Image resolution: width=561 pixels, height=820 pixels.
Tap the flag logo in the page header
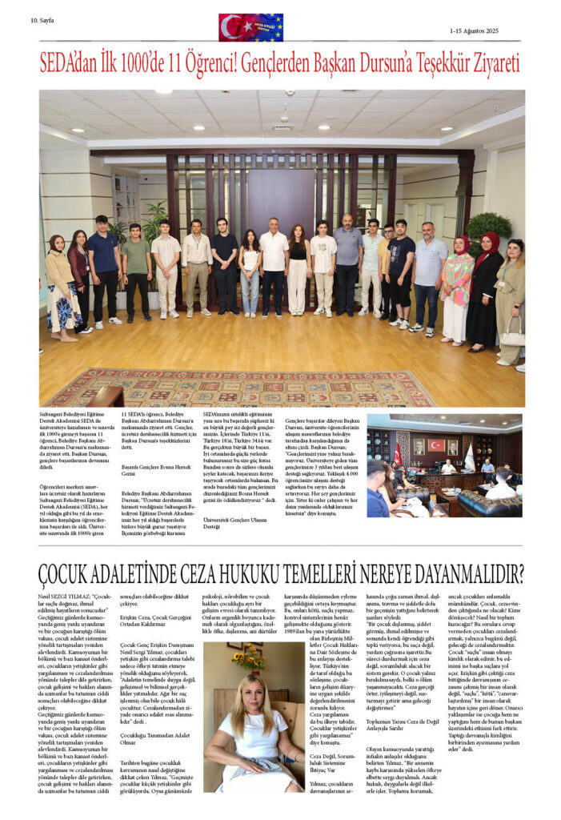click(x=250, y=27)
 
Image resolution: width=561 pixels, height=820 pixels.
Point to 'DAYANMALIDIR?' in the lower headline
click(x=457, y=573)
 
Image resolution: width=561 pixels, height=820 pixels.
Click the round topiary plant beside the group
click(x=488, y=227)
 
